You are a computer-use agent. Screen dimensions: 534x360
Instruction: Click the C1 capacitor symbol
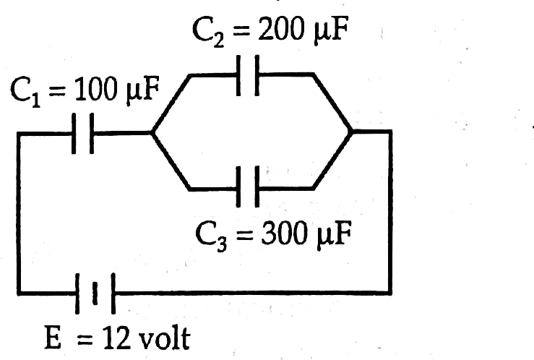[83, 134]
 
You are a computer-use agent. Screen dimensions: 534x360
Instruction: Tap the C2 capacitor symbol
[248, 75]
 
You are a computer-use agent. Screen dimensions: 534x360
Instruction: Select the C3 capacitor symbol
[248, 187]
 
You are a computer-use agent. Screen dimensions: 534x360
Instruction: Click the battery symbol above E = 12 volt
[95, 293]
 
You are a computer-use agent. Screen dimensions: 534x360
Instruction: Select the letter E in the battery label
[53, 338]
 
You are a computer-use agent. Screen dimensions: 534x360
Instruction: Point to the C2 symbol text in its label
[207, 31]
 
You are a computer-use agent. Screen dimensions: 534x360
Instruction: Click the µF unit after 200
[330, 31]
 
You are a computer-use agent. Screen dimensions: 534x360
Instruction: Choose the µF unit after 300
[333, 235]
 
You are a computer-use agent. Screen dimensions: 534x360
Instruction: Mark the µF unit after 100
[142, 91]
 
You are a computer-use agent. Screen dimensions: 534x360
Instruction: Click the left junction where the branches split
[152, 132]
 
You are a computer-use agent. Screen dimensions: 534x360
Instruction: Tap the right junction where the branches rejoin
[352, 130]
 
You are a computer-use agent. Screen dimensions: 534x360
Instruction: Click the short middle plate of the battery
[95, 293]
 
